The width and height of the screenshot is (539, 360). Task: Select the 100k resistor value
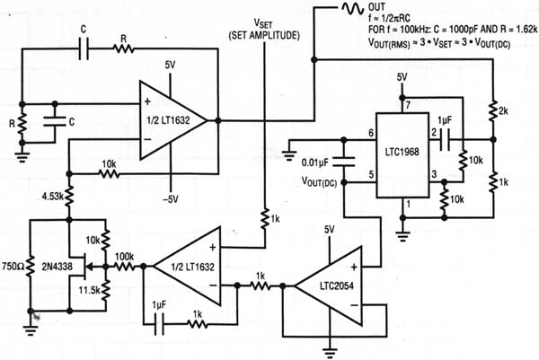tap(125, 258)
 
